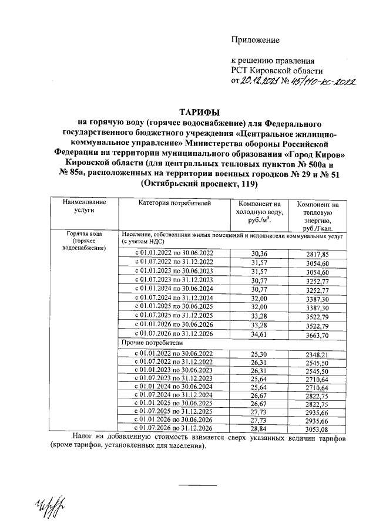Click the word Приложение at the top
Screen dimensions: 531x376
(255, 40)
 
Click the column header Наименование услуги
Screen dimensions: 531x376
(81, 206)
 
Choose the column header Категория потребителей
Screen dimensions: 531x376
(173, 203)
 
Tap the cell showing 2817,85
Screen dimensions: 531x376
(317, 253)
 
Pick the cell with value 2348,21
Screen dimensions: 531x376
(317, 353)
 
